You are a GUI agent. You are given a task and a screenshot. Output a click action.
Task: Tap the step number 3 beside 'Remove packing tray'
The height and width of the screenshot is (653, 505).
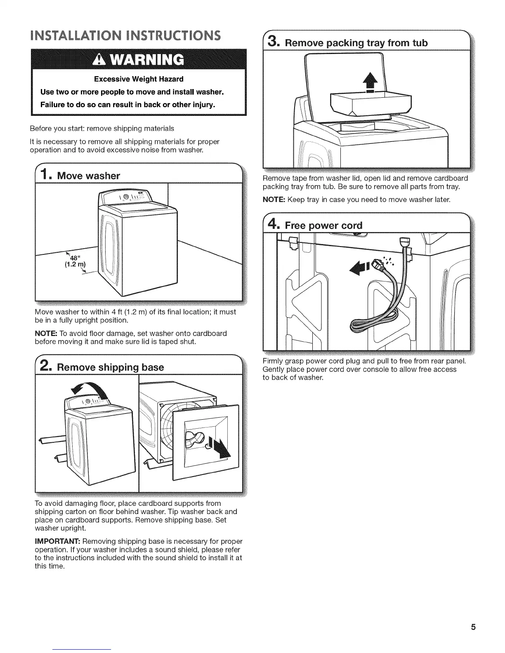click(274, 42)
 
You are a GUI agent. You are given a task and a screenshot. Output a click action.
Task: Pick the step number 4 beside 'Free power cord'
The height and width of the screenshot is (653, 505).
click(274, 224)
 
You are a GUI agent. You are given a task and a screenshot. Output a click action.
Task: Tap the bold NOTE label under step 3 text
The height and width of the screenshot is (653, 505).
click(274, 200)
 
